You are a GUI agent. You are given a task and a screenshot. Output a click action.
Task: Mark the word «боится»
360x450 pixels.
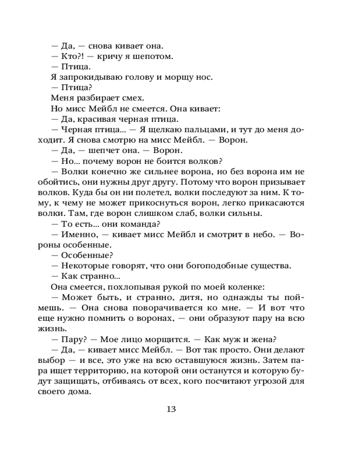[x=170, y=161]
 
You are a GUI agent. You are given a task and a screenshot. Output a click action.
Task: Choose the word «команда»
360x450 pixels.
[x=136, y=225]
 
